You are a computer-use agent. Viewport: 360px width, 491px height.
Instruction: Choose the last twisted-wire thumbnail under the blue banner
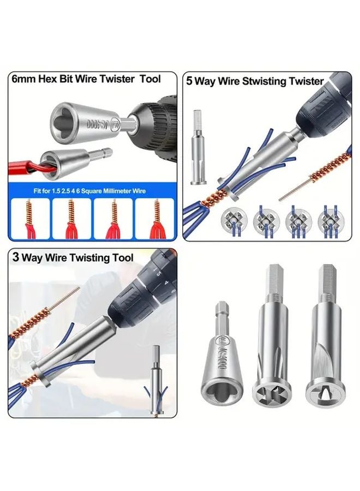pyautogui.click(x=155, y=217)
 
